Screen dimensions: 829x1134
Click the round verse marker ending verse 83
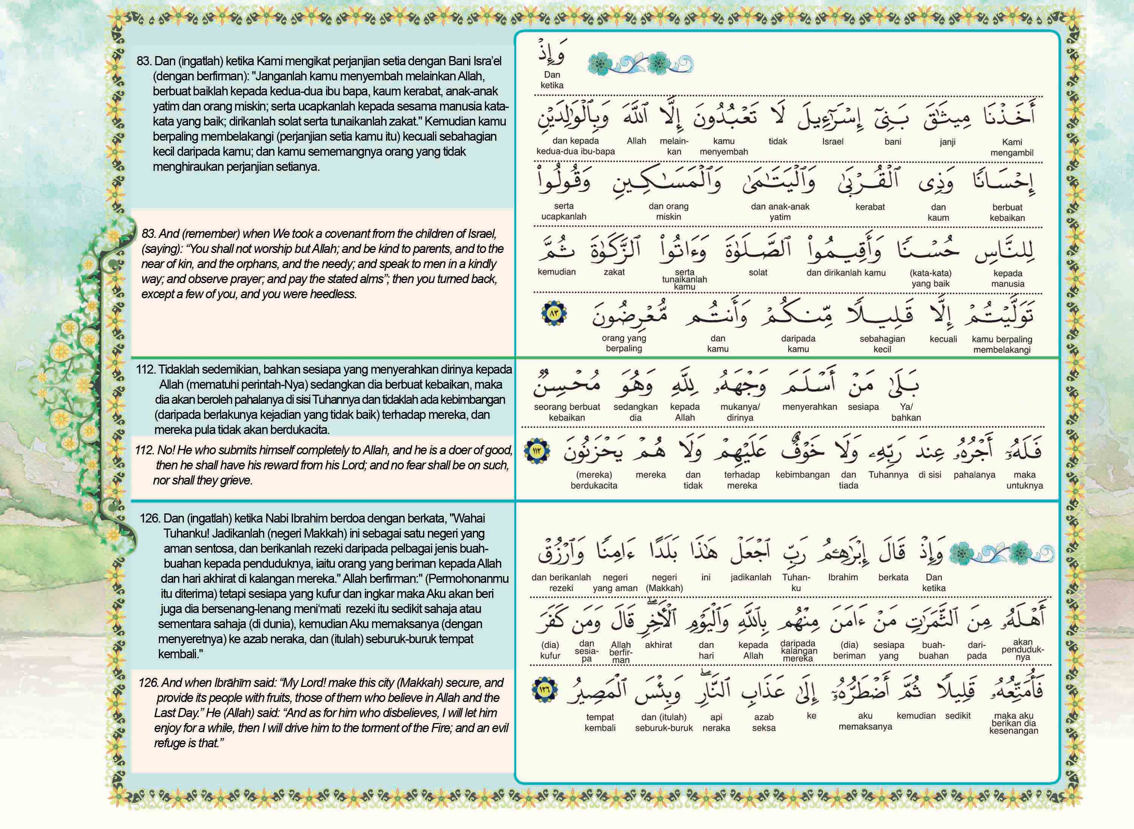click(554, 314)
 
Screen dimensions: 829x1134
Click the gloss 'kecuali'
click(943, 339)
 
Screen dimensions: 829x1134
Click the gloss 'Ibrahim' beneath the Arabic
click(843, 577)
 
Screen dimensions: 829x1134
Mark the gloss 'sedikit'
click(957, 716)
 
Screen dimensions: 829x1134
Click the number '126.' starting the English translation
click(149, 683)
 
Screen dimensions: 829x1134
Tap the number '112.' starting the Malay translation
click(146, 370)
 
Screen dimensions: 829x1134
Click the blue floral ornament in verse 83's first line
click(640, 64)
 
